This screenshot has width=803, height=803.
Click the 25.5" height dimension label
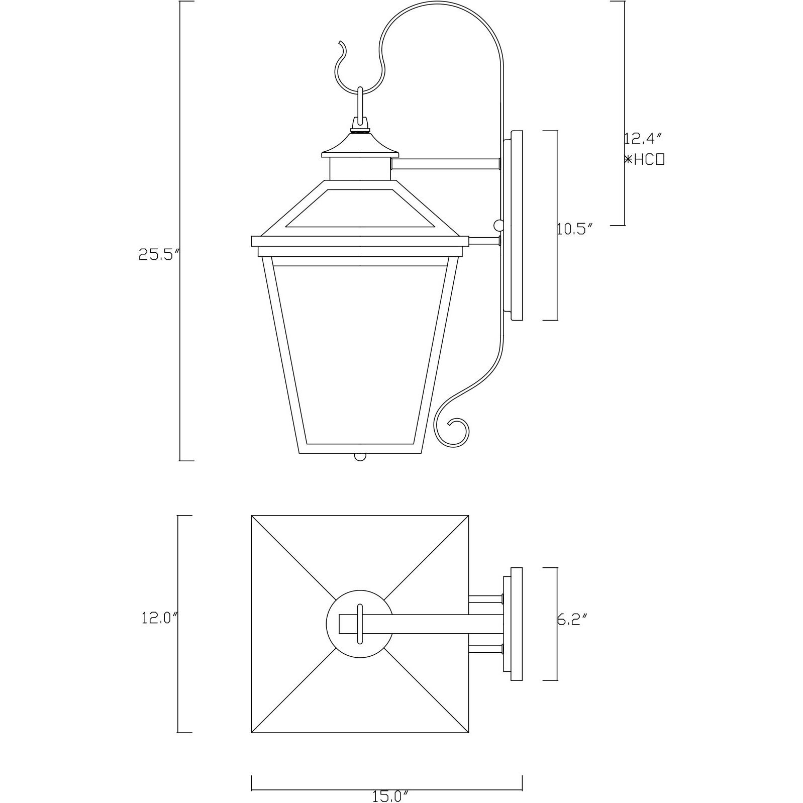159,255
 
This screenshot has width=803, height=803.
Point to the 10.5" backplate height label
575,230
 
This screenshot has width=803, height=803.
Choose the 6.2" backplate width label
572,620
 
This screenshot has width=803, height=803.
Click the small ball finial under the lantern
360,457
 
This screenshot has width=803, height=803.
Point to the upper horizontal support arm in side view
445,164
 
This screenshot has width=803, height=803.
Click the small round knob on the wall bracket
498,225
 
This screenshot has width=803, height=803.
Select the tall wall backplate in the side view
517,226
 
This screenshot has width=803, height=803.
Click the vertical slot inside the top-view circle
359,624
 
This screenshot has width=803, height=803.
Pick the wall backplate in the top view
516,624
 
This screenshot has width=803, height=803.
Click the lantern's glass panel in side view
359,352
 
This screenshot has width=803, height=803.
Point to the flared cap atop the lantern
360,145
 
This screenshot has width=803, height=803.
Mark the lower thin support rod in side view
483,242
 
